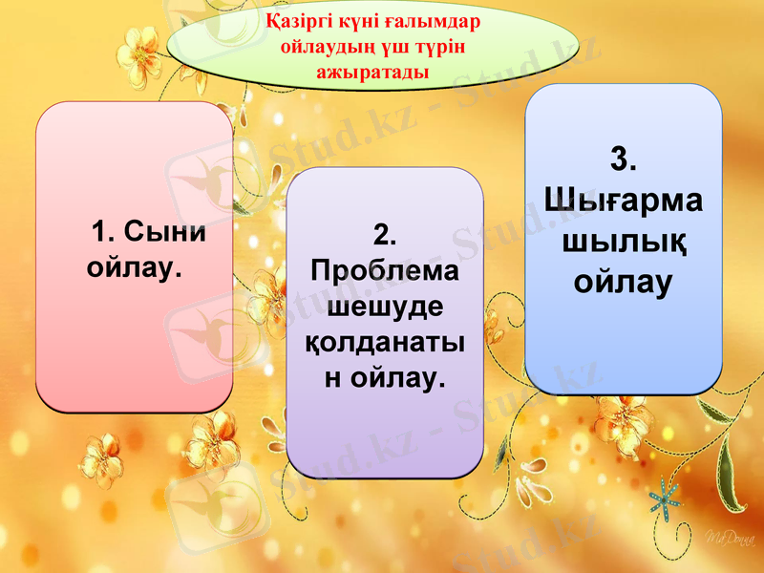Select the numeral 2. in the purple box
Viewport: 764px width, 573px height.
click(x=385, y=235)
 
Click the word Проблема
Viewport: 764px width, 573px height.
click(x=385, y=271)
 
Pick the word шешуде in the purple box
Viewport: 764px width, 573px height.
click(x=385, y=308)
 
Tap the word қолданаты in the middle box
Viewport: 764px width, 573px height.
click(x=385, y=343)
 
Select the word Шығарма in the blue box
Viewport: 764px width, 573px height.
click(x=624, y=201)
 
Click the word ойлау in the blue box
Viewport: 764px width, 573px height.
click(x=624, y=282)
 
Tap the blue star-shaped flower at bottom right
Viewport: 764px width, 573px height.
click(x=666, y=496)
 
